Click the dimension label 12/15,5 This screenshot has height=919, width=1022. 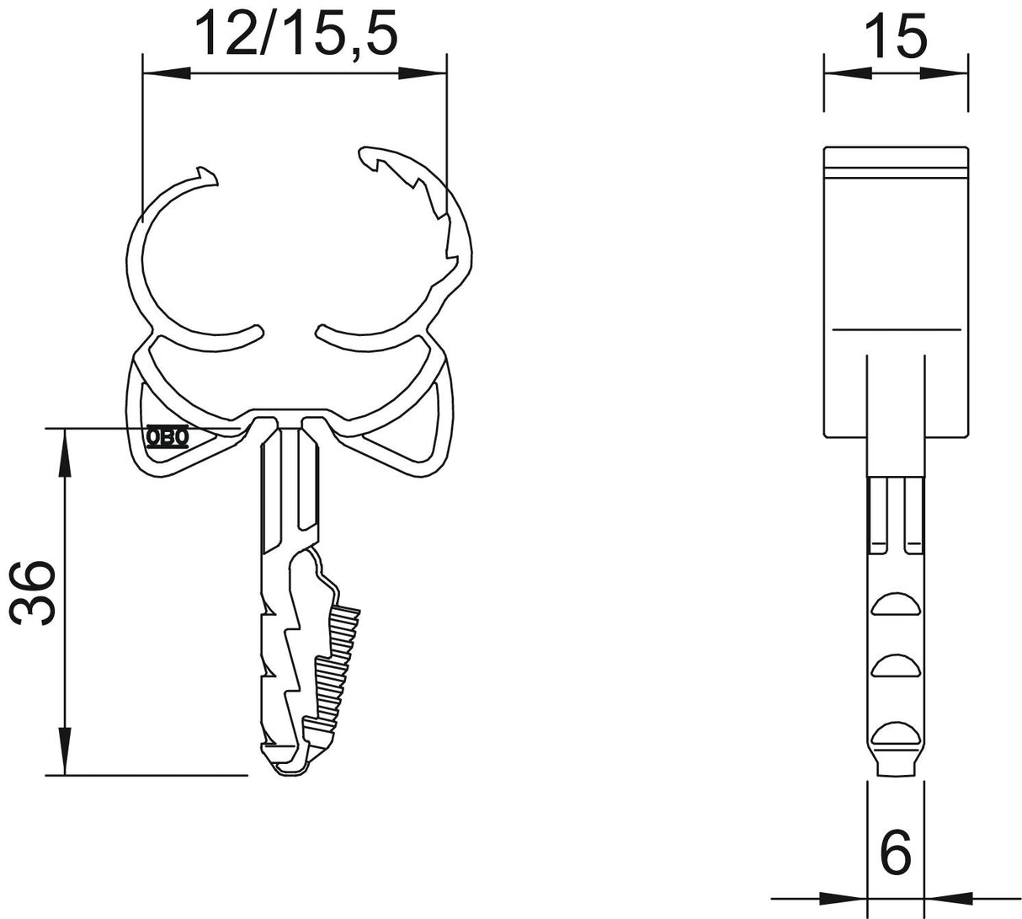[295, 34]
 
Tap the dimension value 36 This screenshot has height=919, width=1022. [33, 593]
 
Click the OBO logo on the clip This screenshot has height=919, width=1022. [168, 437]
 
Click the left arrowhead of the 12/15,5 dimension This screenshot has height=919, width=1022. [167, 73]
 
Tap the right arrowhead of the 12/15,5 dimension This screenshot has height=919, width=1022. [423, 73]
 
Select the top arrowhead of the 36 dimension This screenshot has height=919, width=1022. [65, 452]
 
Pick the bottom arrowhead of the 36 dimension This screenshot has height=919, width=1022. [65, 751]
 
